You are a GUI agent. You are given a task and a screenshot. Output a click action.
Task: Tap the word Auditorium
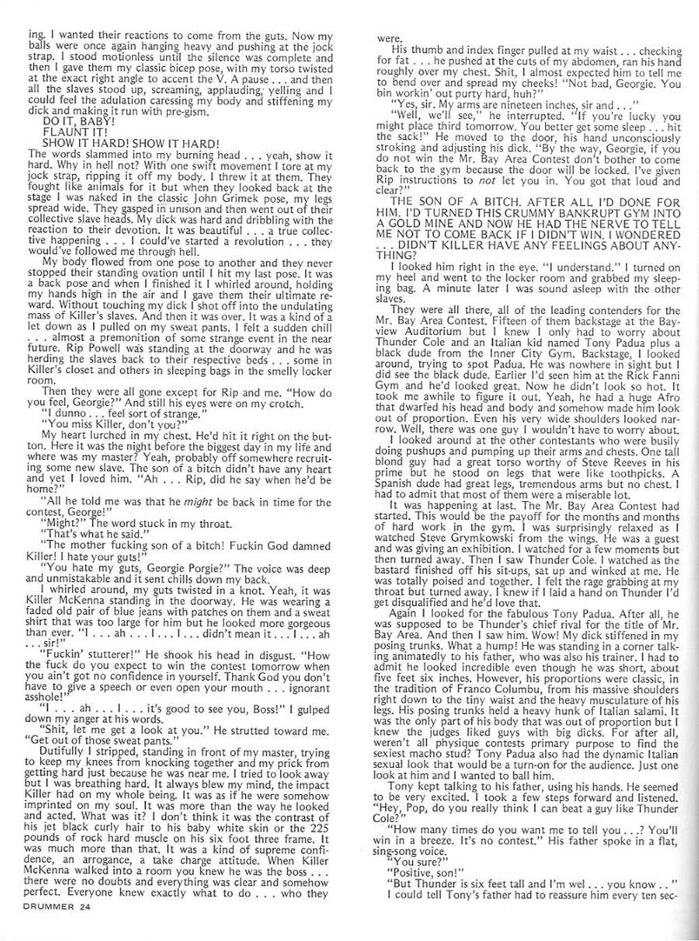(x=427, y=333)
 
